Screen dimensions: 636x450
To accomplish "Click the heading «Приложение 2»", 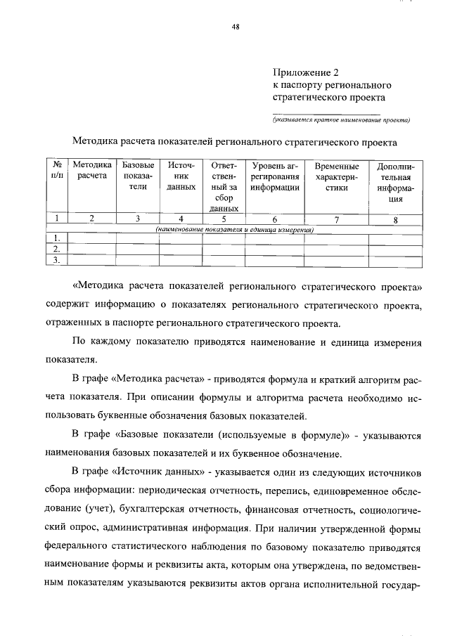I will coord(303,71).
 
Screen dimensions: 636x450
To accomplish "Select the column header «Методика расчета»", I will coord(92,171).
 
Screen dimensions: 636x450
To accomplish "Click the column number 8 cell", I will coord(396,219).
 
